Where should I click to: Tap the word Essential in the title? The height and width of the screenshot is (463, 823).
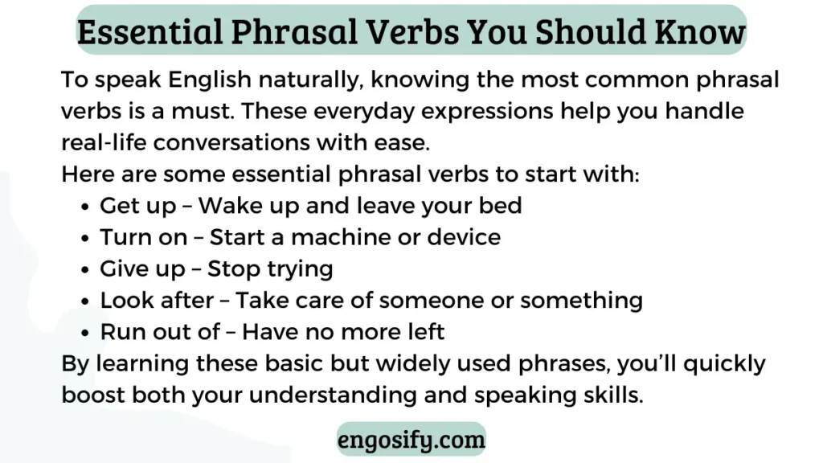(x=150, y=31)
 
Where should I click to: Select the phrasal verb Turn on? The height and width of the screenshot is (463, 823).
(x=144, y=237)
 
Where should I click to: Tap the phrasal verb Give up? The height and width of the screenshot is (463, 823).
(x=143, y=269)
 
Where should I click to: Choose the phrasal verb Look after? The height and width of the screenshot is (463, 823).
(x=157, y=301)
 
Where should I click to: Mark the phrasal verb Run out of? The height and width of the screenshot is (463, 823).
(x=160, y=332)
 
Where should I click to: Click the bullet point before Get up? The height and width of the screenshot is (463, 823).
(x=85, y=207)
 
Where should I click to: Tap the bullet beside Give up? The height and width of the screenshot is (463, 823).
(x=85, y=270)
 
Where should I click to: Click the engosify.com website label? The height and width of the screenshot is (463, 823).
(x=411, y=440)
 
